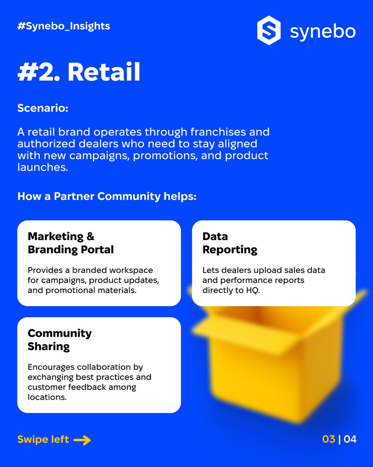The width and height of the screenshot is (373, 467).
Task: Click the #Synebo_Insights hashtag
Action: click(64, 26)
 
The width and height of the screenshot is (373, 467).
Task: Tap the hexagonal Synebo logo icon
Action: click(269, 30)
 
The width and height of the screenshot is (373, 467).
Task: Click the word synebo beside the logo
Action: click(322, 32)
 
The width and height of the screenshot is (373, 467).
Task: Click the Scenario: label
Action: click(43, 108)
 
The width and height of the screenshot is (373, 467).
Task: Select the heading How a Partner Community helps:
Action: click(107, 196)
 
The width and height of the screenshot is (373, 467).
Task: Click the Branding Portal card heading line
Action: click(71, 249)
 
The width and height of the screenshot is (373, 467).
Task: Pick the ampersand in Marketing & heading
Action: click(91, 236)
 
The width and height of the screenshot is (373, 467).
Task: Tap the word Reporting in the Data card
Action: click(230, 249)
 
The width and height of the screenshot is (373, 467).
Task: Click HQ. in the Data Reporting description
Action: click(250, 290)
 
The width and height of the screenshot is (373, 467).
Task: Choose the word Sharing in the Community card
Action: click(49, 346)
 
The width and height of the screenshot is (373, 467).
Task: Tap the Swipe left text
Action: click(43, 439)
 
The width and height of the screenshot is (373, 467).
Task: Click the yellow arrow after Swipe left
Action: click(82, 440)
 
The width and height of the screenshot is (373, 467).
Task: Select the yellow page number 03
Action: click(329, 439)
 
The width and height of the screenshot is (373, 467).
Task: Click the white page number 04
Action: click(350, 439)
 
